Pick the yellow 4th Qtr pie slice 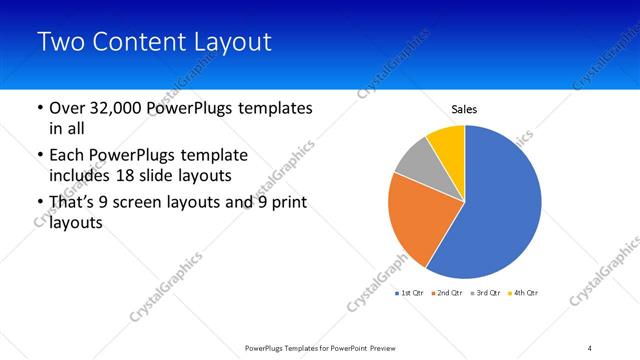[448, 144]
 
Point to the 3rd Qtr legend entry [486, 293]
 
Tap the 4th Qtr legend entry [523, 293]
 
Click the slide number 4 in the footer [590, 347]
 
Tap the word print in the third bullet [288, 204]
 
